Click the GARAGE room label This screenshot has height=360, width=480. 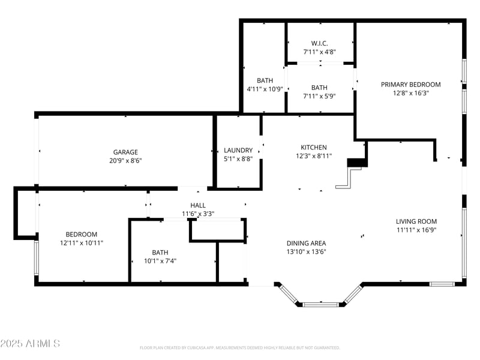tap(125, 152)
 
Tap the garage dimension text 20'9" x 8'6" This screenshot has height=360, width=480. tap(125, 160)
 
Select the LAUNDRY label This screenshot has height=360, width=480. tap(238, 150)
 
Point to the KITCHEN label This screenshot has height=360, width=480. tap(313, 147)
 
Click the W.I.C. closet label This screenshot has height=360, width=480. tap(319, 43)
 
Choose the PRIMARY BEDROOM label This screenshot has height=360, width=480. tap(410, 85)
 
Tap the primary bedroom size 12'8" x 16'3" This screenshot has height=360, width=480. tap(410, 93)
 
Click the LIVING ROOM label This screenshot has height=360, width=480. tap(416, 221)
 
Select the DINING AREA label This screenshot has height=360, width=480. tap(306, 243)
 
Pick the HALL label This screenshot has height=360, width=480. tap(197, 205)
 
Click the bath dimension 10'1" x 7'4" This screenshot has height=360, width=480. tap(160, 261)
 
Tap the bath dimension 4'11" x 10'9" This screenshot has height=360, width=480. tap(264, 89)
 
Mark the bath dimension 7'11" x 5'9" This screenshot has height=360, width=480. tap(319, 96)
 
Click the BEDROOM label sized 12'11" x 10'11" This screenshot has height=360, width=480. tap(81, 234)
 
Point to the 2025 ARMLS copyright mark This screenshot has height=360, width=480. tap(30, 344)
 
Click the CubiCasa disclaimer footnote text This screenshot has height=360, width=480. tap(240, 347)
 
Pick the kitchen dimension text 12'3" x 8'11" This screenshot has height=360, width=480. tap(313, 155)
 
